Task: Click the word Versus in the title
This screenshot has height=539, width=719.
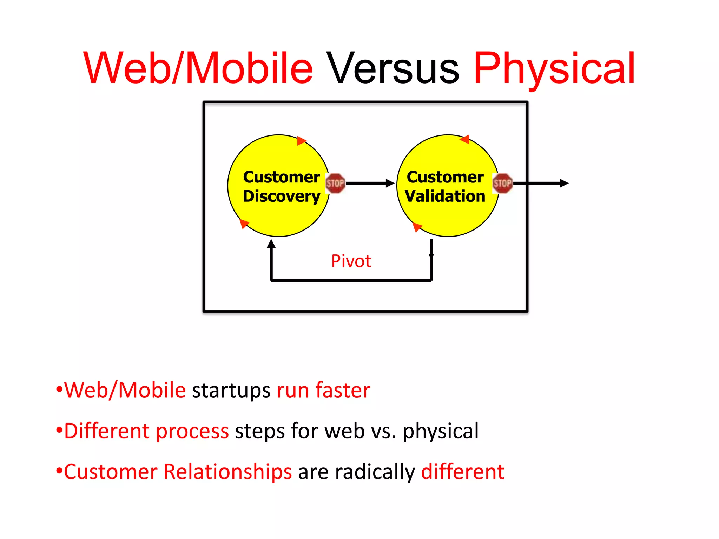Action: pos(393,68)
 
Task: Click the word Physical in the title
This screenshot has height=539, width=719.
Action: pos(555,68)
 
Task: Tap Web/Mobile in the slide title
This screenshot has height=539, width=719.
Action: pos(198,68)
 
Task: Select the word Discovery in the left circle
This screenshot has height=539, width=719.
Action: pos(281,196)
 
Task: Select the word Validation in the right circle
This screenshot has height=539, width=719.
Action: pos(445,196)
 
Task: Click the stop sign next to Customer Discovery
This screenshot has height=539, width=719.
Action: pos(335,183)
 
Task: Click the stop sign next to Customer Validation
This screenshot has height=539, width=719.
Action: pos(502,183)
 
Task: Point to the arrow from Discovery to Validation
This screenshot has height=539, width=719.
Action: pos(369,183)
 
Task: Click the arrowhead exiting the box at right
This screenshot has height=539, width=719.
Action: pos(564,183)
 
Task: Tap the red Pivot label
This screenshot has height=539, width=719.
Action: pos(351,261)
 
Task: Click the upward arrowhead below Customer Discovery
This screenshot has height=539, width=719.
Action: pos(271,244)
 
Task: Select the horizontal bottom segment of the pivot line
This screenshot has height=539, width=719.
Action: pos(351,280)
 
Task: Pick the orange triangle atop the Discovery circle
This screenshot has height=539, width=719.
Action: pos(301,141)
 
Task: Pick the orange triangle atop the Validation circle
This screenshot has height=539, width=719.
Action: pos(465,140)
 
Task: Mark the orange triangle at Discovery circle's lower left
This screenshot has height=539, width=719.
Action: pos(244,223)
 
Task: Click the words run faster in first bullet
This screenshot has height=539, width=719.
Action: pos(323,390)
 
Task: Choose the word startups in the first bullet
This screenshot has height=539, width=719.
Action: pos(231,390)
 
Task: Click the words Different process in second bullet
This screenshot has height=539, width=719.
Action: pos(146,431)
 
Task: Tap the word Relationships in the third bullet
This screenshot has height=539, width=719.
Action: pos(227,472)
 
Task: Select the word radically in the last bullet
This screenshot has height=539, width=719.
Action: pos(375,472)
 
